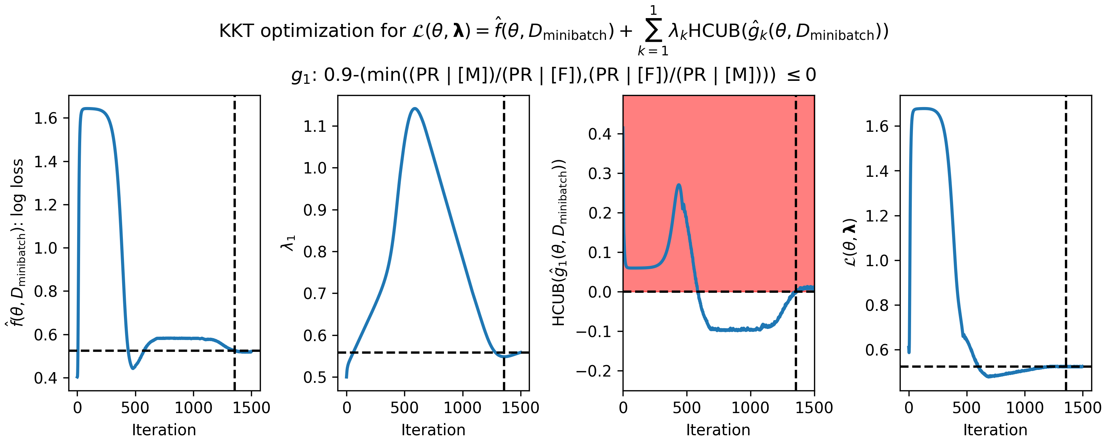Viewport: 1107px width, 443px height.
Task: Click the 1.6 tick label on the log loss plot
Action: [45, 118]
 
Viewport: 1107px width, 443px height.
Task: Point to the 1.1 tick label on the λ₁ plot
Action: [315, 127]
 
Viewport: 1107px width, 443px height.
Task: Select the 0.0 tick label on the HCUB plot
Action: [600, 292]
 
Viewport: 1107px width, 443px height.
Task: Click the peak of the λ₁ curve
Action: [415, 109]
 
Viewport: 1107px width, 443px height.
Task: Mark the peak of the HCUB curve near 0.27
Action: [679, 185]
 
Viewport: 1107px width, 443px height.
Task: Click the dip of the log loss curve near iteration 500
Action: [133, 368]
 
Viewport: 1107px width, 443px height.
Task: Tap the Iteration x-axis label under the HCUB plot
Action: [718, 430]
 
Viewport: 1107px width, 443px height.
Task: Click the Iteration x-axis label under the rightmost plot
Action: [995, 430]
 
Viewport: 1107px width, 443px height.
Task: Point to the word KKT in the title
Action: [237, 31]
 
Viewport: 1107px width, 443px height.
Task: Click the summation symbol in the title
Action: [653, 31]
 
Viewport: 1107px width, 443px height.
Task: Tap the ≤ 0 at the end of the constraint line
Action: [801, 75]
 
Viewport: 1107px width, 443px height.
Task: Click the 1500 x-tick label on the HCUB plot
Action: [814, 407]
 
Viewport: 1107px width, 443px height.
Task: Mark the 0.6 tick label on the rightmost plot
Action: [877, 350]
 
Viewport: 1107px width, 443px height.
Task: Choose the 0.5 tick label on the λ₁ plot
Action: [315, 378]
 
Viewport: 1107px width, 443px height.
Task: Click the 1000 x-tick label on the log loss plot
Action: [193, 407]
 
